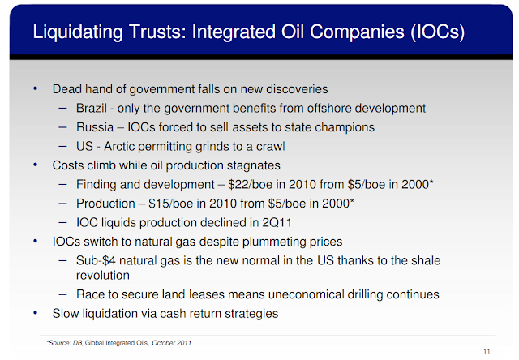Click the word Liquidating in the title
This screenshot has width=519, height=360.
click(78, 32)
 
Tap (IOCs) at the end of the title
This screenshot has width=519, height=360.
click(438, 32)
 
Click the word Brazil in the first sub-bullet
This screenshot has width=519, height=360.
click(92, 108)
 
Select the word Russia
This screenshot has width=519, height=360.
click(95, 127)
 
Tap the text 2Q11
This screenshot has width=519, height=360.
click(277, 223)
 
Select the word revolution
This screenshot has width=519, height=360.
click(103, 276)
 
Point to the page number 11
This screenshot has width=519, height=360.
click(487, 351)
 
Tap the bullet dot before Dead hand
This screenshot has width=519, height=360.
click(36, 88)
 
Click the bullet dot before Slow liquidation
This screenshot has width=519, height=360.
click(36, 313)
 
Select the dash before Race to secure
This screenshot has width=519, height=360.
click(63, 294)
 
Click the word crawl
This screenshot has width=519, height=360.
click(270, 146)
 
